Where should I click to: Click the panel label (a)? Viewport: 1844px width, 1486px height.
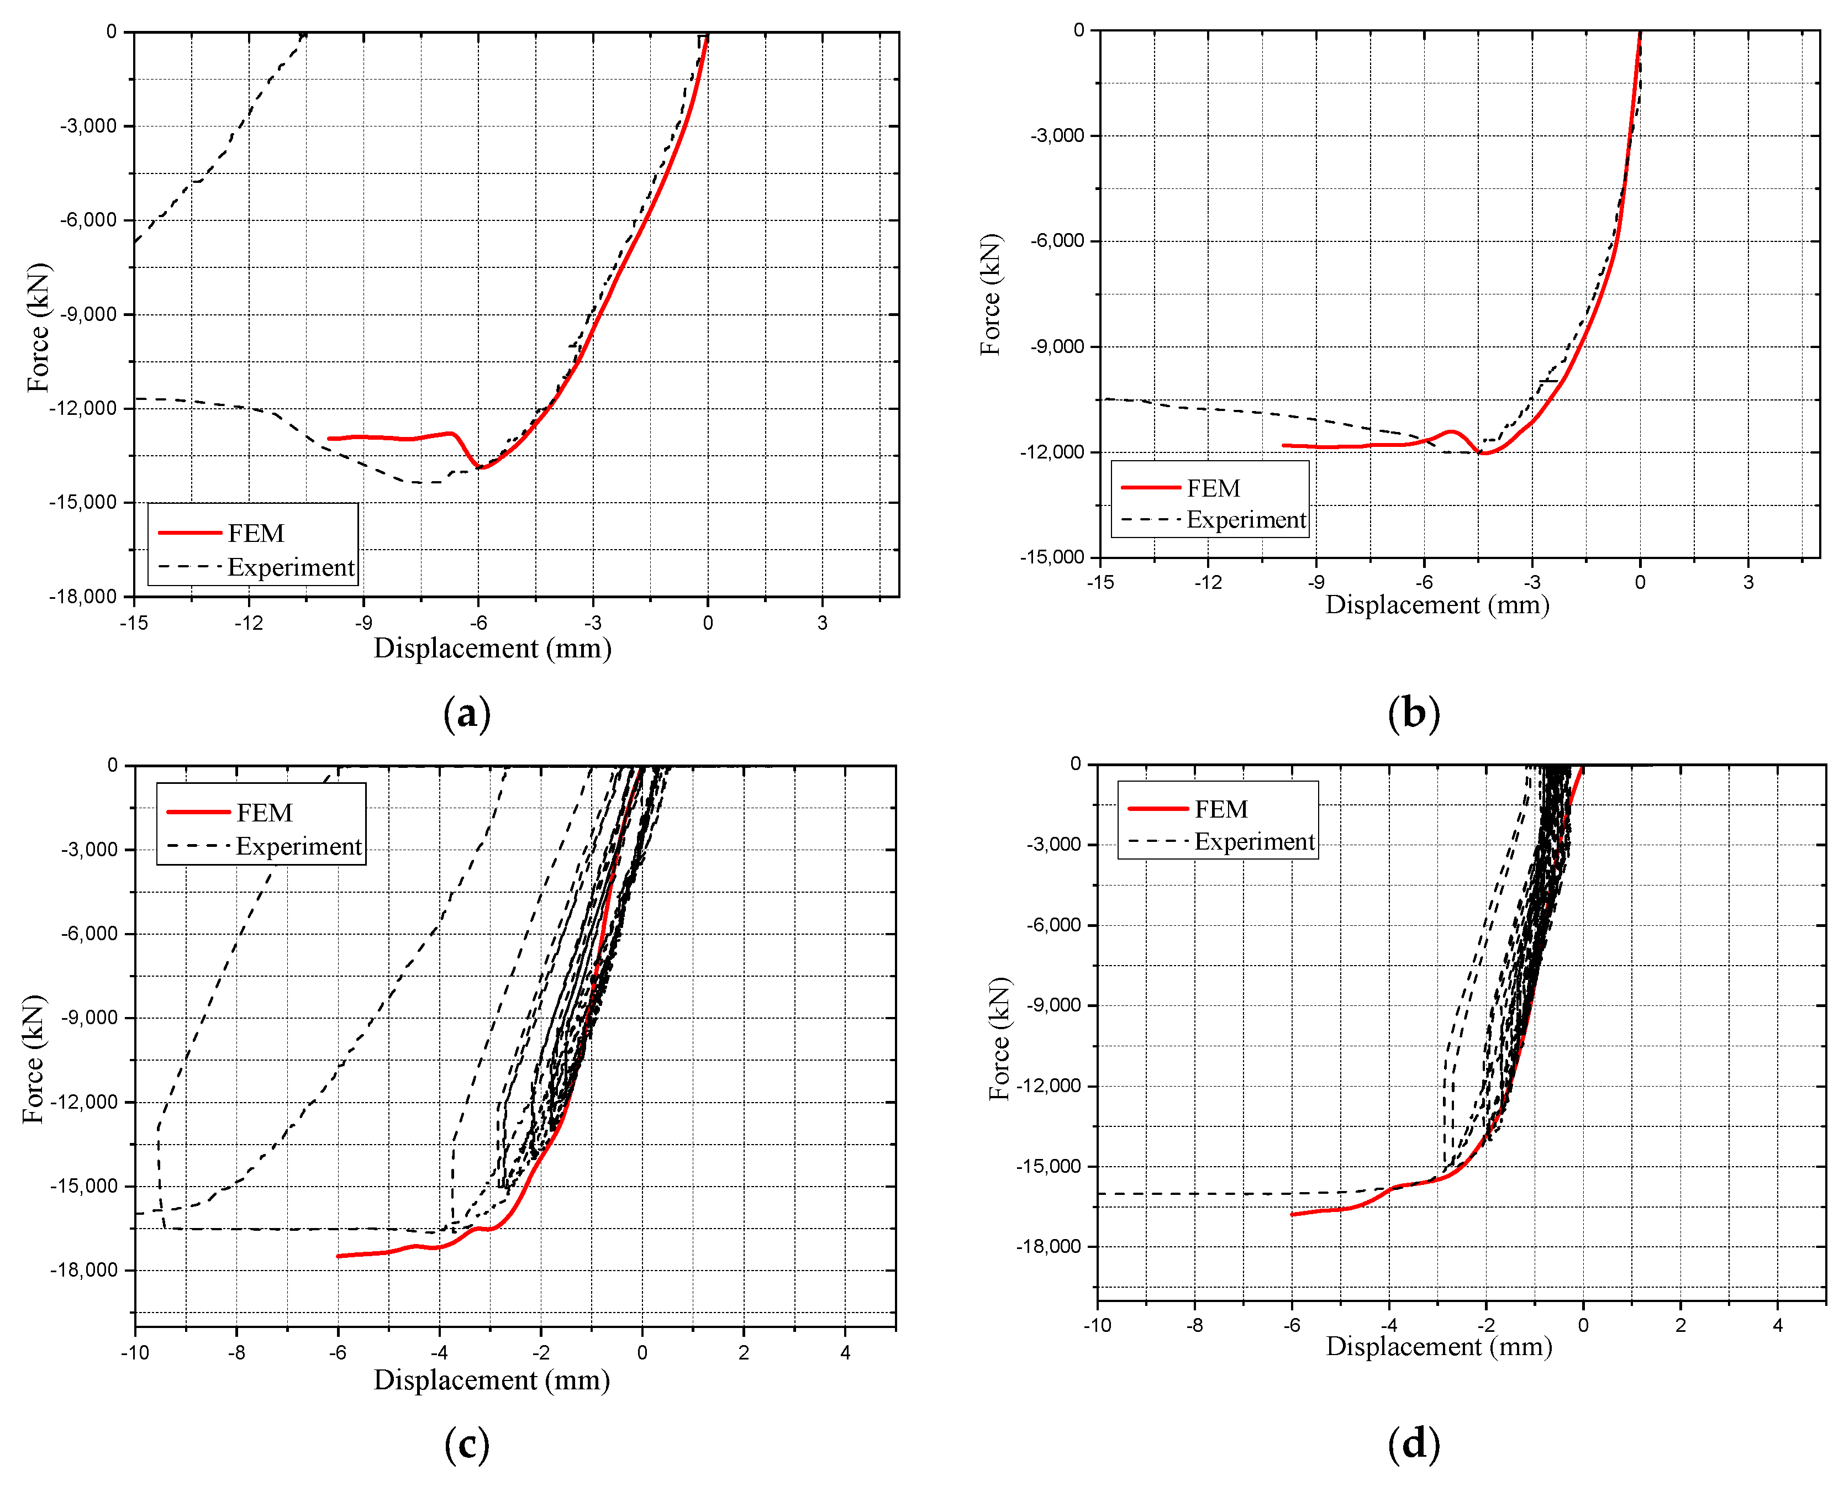point(467,713)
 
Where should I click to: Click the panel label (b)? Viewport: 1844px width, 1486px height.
point(1414,713)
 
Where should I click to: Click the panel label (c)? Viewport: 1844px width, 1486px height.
point(467,1445)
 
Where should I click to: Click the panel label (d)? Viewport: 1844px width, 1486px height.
point(1414,1445)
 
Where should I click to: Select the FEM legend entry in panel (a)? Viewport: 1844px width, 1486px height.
point(255,533)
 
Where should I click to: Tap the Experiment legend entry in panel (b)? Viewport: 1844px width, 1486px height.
point(1246,520)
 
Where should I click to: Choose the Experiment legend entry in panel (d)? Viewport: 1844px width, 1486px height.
point(1254,841)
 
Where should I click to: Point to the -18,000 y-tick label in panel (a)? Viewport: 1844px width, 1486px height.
point(82,597)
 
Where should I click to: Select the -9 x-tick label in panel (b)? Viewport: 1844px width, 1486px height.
point(1316,583)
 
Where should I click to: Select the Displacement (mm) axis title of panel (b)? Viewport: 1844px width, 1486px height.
point(1437,605)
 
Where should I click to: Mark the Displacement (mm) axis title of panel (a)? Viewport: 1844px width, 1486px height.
point(492,648)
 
